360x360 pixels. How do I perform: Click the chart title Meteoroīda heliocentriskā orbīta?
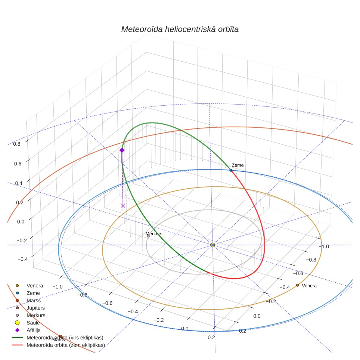pos(180,30)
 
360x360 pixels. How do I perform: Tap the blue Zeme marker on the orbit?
pos(231,170)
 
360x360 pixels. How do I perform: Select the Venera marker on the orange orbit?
pos(298,285)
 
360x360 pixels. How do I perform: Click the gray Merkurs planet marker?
pos(149,236)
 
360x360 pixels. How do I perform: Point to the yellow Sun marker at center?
pos(212,245)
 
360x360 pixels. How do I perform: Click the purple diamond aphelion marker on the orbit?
pos(122,150)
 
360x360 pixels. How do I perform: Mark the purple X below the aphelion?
pos(123,205)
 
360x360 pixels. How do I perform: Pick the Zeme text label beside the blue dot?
pos(238,165)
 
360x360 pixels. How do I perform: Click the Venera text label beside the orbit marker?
pos(309,286)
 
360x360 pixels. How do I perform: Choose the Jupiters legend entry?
pos(35,308)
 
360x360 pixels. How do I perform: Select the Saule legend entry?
pos(33,323)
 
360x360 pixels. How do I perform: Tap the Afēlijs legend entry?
pos(34,330)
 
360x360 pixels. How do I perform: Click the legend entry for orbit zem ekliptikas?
pos(66,345)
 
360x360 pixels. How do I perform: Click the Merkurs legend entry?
pos(36,315)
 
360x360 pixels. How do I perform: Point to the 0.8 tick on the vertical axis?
pos(17,144)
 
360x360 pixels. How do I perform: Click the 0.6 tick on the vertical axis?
pos(18,164)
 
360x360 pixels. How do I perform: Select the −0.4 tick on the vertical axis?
pos(23,259)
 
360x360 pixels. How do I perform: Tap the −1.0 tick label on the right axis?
pos(324,246)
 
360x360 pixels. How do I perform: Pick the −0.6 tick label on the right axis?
pos(298,273)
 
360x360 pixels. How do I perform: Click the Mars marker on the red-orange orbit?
pos(60,336)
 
